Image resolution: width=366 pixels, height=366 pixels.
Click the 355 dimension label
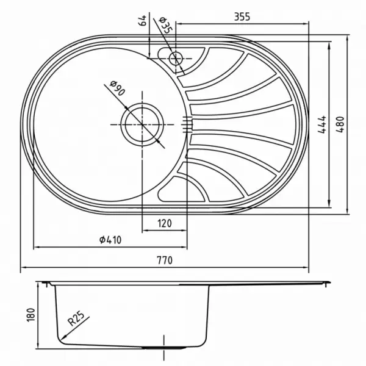pos(242,16)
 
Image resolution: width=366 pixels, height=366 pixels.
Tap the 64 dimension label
pos(142,20)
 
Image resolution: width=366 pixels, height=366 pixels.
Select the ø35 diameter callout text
pos(165,25)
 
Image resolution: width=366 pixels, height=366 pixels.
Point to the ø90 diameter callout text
pos(117,88)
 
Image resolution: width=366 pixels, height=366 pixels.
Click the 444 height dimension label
pos(322,124)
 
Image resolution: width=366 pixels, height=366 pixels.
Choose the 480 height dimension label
pos(340,124)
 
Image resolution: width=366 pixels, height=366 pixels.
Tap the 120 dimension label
pos(165,223)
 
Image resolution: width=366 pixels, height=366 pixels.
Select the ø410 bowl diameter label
pos(110,240)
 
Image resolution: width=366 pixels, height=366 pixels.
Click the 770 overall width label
pos(165,260)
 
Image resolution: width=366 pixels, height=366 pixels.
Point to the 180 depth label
pos(31,315)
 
